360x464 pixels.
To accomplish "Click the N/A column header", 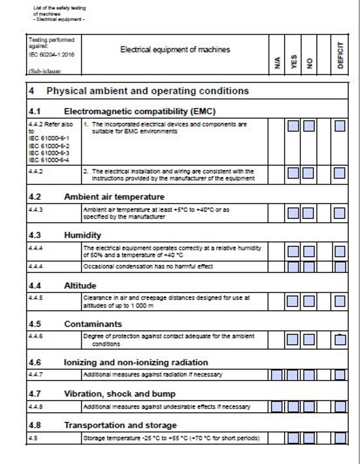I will pyautogui.click(x=277, y=61).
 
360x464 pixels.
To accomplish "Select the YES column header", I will pyautogui.click(x=293, y=61).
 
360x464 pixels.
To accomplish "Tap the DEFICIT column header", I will pyautogui.click(x=340, y=55).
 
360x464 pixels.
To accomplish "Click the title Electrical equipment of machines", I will pyautogui.click(x=175, y=50).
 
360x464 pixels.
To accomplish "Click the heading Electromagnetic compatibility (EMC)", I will pyautogui.click(x=139, y=111).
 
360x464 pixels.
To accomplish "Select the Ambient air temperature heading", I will pyautogui.click(x=114, y=197).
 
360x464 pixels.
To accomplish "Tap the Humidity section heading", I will pyautogui.click(x=82, y=235).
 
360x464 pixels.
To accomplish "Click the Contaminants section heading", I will pyautogui.click(x=93, y=324).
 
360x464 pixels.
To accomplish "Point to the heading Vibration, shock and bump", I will pyautogui.click(x=119, y=394).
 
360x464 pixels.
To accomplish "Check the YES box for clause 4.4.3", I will pyautogui.click(x=293, y=213).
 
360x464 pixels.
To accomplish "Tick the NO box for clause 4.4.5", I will pyautogui.click(x=309, y=301).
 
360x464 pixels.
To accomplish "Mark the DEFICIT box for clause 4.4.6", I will pyautogui.click(x=340, y=339).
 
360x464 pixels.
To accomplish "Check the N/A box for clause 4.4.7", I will pyautogui.click(x=277, y=375).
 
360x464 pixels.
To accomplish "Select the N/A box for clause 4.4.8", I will pyautogui.click(x=277, y=407).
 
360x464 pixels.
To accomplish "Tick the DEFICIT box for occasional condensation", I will pyautogui.click(x=340, y=267).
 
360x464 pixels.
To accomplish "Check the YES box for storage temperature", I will pyautogui.click(x=293, y=438).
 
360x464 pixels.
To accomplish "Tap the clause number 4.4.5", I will pyautogui.click(x=36, y=297).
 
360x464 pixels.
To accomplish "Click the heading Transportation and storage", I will pyautogui.click(x=120, y=425).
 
